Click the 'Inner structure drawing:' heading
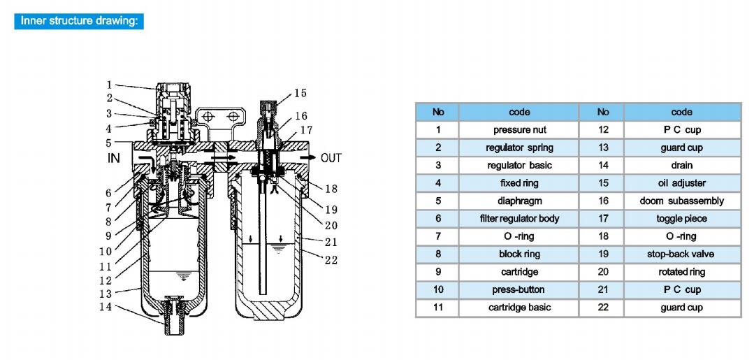point(79,22)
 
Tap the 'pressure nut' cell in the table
point(519,130)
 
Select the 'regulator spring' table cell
point(519,147)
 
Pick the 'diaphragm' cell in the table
point(519,201)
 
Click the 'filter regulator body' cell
point(519,219)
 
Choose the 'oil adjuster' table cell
point(682,183)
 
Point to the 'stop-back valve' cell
point(682,254)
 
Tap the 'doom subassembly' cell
point(682,201)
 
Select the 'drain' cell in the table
point(682,166)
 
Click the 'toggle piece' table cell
point(682,219)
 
